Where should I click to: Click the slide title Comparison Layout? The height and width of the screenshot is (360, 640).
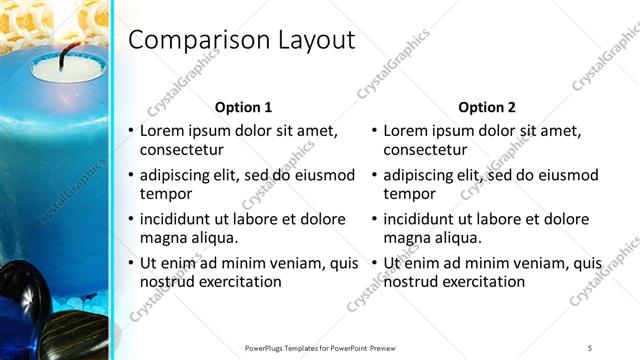[242, 41]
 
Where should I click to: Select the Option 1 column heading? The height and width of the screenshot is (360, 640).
[243, 107]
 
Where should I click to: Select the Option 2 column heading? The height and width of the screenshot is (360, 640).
[487, 107]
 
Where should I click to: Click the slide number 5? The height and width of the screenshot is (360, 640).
[590, 348]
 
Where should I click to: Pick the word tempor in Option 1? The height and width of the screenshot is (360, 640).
[159, 194]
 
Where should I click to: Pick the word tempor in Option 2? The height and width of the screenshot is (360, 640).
[403, 194]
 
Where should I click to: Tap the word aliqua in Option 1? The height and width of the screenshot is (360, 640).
[214, 238]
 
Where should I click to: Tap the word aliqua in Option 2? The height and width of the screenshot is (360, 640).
[458, 238]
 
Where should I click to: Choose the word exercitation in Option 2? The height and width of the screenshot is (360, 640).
[483, 282]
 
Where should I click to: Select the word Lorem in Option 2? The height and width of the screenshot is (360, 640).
[406, 131]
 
